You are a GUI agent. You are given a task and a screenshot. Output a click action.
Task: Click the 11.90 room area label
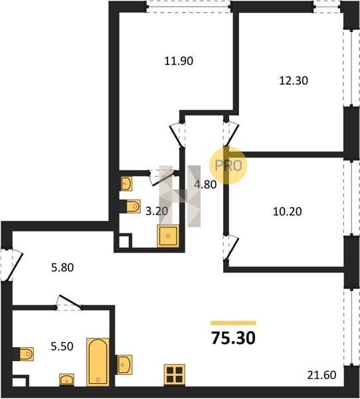[x=179, y=61]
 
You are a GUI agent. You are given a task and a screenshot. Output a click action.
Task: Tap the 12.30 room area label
[x=294, y=80]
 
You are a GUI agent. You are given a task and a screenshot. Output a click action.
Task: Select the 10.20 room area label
[x=288, y=211]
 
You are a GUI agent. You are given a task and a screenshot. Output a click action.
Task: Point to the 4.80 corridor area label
[x=205, y=184]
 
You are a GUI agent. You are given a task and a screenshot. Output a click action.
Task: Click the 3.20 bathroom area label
[x=157, y=211]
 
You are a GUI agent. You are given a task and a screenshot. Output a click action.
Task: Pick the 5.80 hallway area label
[x=62, y=267]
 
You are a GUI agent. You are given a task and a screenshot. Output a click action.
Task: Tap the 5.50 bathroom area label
[x=62, y=346]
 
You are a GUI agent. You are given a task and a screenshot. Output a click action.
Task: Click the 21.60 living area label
[x=321, y=375]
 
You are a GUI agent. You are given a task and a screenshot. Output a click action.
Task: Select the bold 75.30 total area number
[x=233, y=338]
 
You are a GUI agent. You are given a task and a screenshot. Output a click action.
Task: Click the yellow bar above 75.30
[x=233, y=323]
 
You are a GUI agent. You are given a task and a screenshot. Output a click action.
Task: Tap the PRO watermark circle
[x=228, y=165]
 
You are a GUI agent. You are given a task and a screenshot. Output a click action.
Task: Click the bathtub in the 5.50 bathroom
[x=98, y=362]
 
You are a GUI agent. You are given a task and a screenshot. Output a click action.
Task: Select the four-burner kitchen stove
[x=175, y=375]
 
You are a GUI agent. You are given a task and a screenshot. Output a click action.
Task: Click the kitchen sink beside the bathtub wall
[x=125, y=364]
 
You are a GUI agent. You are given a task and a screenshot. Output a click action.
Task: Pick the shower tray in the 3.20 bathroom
[x=168, y=236]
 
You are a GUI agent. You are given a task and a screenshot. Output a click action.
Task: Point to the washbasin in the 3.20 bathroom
[x=126, y=184]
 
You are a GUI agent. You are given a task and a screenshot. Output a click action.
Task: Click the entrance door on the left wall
[x=12, y=265]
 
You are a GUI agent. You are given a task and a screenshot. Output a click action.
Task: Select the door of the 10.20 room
[x=231, y=248]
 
